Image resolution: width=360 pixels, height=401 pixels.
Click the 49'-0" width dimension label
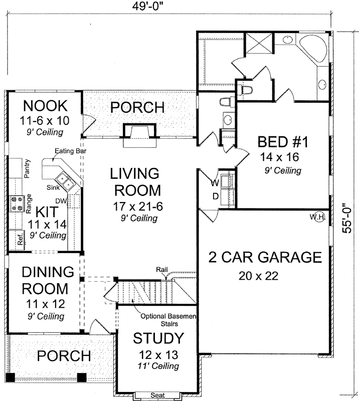click(x=147, y=6)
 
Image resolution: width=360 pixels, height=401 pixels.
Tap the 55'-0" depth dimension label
click(x=347, y=219)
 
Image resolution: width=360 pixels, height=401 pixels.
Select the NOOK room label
click(x=45, y=106)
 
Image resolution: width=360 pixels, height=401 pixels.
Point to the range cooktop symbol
click(x=17, y=204)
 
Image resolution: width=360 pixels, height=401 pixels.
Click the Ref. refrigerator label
click(x=21, y=239)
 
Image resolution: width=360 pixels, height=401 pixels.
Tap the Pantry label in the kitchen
click(x=27, y=168)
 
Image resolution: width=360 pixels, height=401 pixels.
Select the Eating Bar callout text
click(x=71, y=151)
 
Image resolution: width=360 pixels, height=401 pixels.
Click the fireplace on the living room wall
click(x=140, y=135)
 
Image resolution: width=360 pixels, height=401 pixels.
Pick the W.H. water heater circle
click(x=319, y=217)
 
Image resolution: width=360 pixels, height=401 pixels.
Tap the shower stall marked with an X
click(x=259, y=43)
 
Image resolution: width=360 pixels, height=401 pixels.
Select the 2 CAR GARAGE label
click(x=265, y=257)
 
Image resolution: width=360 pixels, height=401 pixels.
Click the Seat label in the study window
click(x=157, y=395)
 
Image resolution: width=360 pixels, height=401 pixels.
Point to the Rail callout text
click(x=162, y=270)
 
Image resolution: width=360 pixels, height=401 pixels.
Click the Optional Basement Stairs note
click(x=168, y=320)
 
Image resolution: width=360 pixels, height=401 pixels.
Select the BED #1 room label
click(x=283, y=142)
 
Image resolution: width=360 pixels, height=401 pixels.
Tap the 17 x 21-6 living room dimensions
click(x=138, y=207)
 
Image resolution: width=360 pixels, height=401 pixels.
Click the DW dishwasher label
click(x=61, y=201)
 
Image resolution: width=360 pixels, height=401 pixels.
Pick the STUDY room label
click(x=158, y=338)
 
